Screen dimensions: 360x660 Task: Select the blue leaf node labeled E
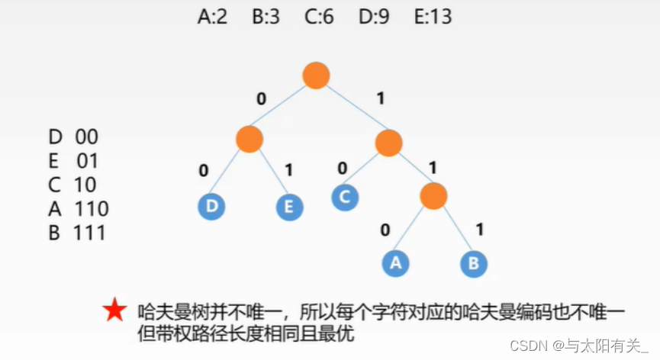click(x=290, y=207)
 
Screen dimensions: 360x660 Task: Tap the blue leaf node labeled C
click(x=345, y=197)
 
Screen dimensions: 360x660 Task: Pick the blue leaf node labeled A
click(x=395, y=263)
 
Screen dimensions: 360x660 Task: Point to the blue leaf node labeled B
click(x=474, y=263)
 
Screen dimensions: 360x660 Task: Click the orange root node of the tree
click(x=316, y=75)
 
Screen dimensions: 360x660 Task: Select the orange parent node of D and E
click(x=250, y=139)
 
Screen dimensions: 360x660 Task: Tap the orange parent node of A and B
click(x=433, y=196)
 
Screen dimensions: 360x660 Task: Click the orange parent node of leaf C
click(x=388, y=141)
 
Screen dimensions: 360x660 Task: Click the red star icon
click(x=114, y=310)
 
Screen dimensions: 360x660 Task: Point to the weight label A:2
click(x=212, y=17)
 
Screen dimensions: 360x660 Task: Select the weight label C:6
click(x=317, y=17)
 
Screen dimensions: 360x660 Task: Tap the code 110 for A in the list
click(x=92, y=208)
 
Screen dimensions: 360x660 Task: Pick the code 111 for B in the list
click(x=90, y=233)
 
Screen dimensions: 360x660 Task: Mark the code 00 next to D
click(x=86, y=137)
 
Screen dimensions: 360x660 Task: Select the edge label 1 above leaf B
click(x=480, y=229)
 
